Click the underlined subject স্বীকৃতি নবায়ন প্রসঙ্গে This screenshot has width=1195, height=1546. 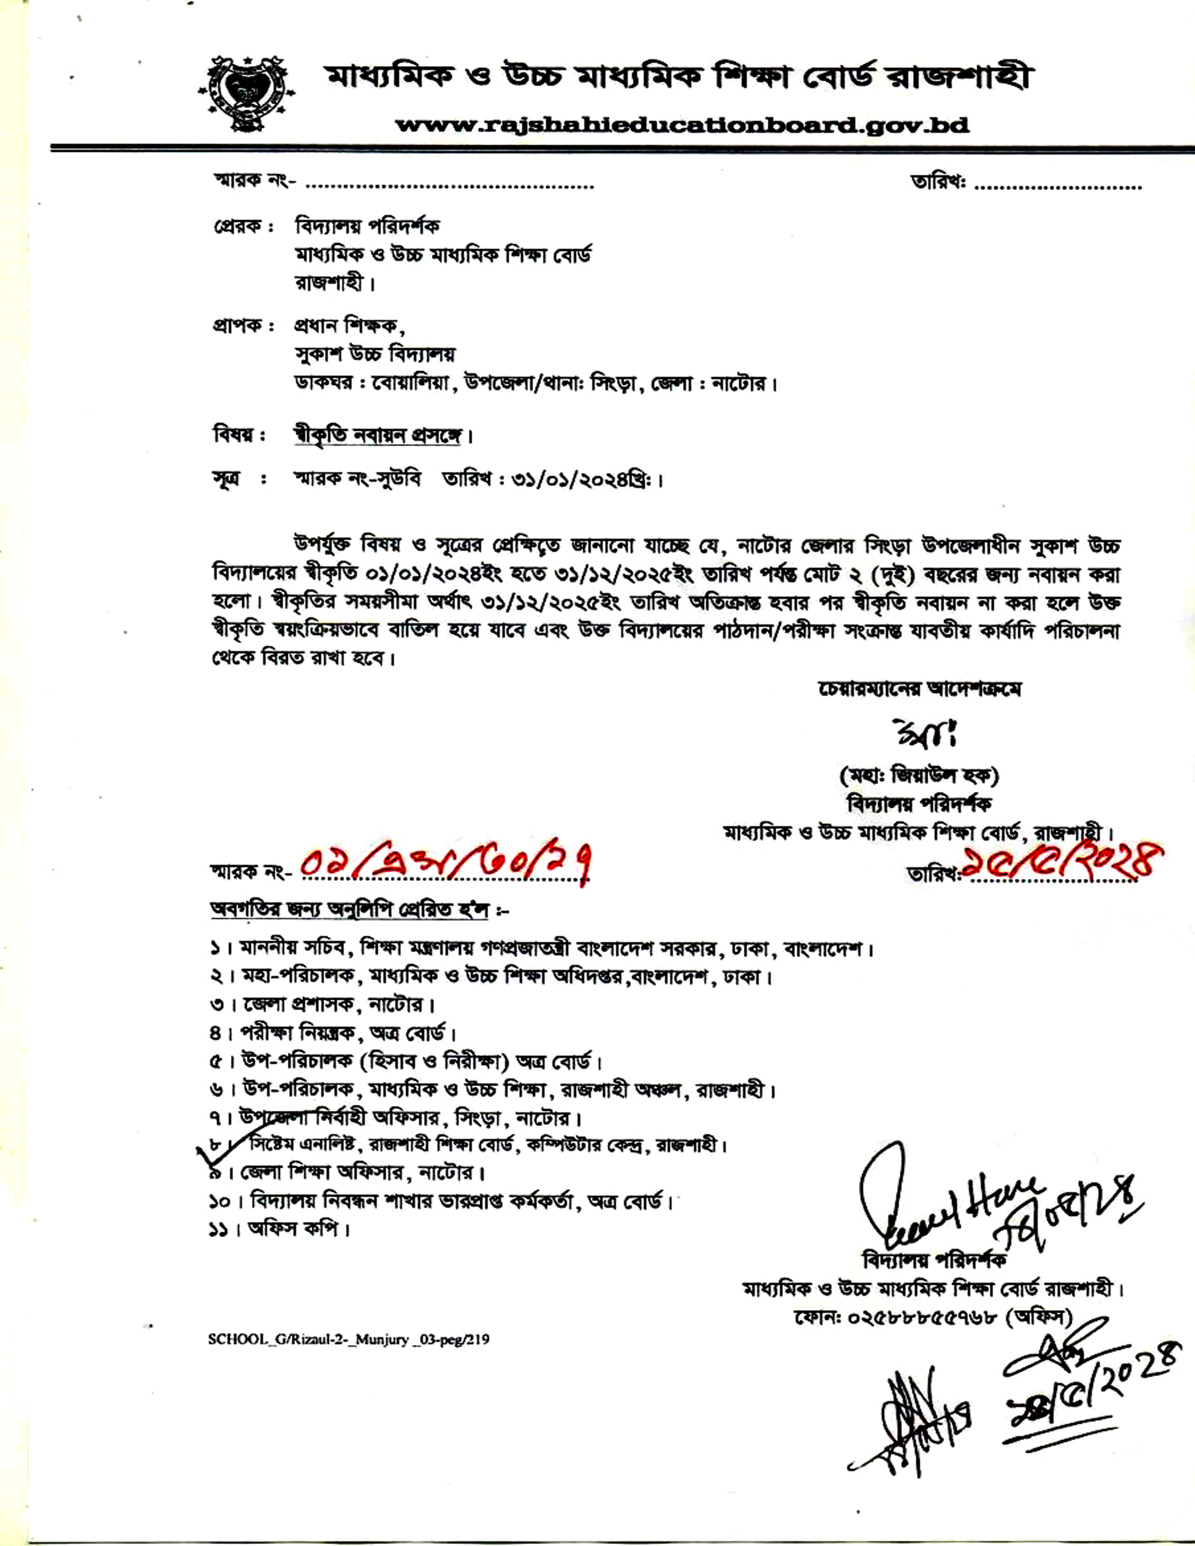point(377,435)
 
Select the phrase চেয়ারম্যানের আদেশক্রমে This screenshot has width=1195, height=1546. point(919,689)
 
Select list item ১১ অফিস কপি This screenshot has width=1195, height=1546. point(280,1230)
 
